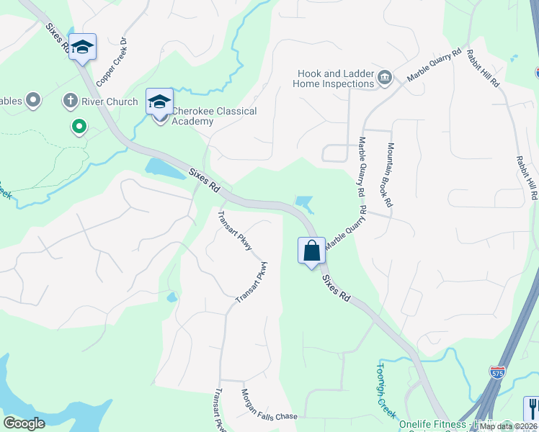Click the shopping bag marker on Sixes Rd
click(311, 251)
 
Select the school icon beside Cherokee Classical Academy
click(159, 102)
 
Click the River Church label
click(110, 102)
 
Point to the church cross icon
click(70, 101)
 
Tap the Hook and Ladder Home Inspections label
click(334, 78)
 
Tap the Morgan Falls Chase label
click(268, 406)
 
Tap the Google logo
click(24, 423)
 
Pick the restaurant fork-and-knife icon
click(532, 408)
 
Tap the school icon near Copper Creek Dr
click(83, 48)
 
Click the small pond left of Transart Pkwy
click(171, 297)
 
